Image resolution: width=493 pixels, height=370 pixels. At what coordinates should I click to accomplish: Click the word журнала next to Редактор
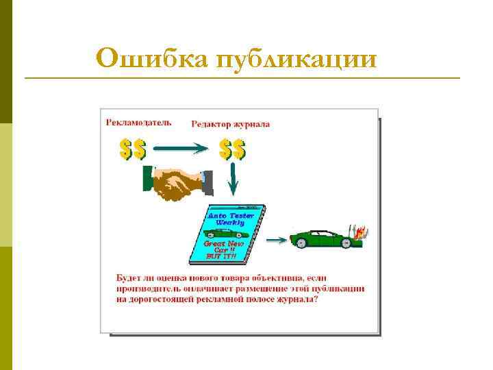[x=252, y=125]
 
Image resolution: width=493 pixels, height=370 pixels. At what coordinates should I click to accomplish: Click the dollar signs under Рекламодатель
[x=133, y=149]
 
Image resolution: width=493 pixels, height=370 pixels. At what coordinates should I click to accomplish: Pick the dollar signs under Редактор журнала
[x=233, y=149]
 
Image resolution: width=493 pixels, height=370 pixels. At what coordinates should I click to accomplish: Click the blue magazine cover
[x=226, y=233]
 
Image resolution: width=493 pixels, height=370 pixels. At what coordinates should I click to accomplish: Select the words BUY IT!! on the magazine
[x=220, y=256]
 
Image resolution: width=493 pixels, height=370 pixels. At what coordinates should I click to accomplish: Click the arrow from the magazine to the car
[x=276, y=240]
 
